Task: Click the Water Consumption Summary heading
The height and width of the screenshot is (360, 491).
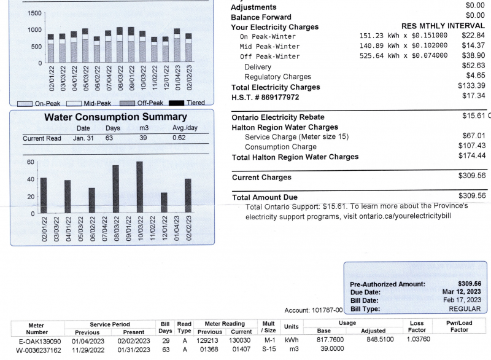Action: coord(115,117)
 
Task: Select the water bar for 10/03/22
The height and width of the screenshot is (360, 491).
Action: coord(139,187)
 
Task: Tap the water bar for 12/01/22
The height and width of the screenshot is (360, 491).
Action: coord(164,203)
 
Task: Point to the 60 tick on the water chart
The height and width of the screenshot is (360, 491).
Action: coord(30,162)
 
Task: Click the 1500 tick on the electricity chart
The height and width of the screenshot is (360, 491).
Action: coord(34,14)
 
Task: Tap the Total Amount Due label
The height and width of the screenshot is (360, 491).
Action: coord(265,197)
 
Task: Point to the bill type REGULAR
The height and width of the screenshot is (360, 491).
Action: coord(465,308)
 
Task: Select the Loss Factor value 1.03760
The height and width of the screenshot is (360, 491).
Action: coord(418,338)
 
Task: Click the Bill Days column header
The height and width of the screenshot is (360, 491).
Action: coord(165,327)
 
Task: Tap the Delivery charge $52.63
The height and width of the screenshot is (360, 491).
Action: coord(473,65)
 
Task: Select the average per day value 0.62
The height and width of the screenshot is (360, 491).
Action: coord(179,138)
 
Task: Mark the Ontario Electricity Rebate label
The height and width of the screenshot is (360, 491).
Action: coord(278,117)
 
